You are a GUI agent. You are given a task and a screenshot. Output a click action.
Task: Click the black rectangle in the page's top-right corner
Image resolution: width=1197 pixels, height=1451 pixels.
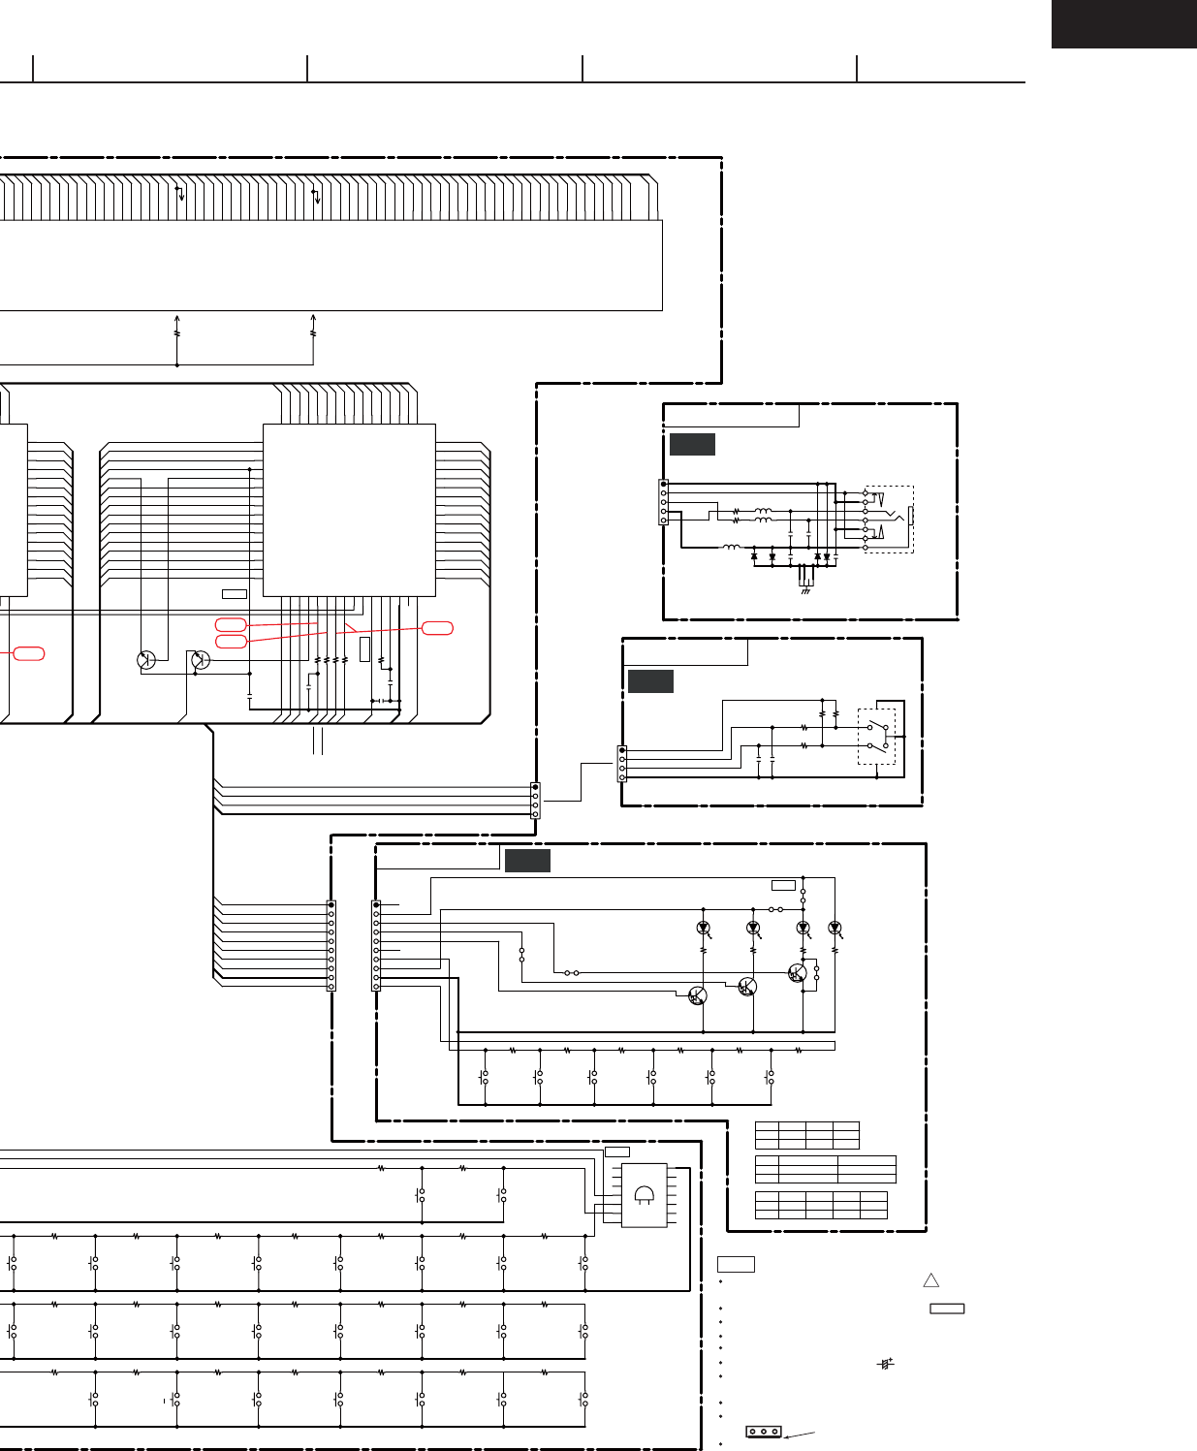click(1123, 23)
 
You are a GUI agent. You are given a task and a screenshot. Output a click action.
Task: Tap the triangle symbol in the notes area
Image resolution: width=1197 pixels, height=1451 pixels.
click(931, 1280)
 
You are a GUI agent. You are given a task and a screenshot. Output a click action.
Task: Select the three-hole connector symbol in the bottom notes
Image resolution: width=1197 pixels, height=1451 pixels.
click(764, 1432)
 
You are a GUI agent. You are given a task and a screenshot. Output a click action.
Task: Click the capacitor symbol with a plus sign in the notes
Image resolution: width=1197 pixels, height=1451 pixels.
click(885, 1363)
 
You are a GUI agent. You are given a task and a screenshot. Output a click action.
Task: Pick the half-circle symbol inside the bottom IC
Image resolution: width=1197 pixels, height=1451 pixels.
click(644, 1195)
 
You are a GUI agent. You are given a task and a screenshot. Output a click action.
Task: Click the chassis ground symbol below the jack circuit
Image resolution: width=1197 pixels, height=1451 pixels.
click(805, 588)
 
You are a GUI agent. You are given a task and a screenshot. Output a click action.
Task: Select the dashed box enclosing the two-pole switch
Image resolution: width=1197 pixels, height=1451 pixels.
click(876, 737)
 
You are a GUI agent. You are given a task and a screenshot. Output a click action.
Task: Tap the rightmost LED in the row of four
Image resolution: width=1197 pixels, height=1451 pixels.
click(835, 929)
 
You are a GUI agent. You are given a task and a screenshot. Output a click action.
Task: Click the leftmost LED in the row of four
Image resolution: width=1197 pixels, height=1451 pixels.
click(704, 929)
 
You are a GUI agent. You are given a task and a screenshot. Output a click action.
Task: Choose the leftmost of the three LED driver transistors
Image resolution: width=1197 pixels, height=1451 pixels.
click(697, 995)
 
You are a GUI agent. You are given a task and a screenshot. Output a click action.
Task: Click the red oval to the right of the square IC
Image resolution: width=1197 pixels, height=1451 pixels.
click(438, 628)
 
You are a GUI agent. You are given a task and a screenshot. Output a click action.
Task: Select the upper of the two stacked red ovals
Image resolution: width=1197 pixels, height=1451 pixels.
click(230, 624)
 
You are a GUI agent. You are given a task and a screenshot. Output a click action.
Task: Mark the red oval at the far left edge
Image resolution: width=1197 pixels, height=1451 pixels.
click(29, 653)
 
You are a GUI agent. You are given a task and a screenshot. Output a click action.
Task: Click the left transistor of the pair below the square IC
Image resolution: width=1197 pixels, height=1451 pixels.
click(146, 660)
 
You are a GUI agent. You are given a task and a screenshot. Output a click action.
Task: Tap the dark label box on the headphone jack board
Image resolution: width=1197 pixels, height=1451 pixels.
click(692, 445)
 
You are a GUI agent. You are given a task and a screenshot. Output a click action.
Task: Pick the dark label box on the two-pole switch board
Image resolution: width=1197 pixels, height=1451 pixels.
click(650, 680)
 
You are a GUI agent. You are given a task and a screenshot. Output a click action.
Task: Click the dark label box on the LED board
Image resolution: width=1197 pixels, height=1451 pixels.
click(527, 860)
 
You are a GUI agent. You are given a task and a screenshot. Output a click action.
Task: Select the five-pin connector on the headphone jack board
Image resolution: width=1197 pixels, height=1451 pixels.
click(663, 502)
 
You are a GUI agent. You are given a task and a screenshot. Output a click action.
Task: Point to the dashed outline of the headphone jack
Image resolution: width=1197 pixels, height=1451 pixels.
click(889, 520)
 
